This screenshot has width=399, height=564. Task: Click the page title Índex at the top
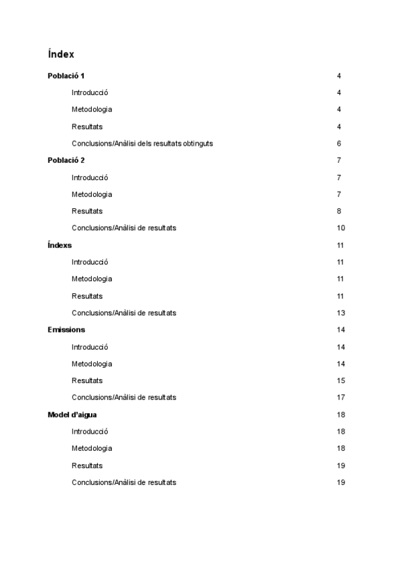[x=61, y=54]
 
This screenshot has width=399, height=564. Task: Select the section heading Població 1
[x=66, y=76]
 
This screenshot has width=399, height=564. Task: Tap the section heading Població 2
[x=66, y=160]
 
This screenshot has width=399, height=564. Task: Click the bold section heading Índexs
[x=60, y=245]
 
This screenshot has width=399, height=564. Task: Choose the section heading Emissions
[x=66, y=330]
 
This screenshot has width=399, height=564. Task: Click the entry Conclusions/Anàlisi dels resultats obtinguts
[x=142, y=144]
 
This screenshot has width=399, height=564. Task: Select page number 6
[x=339, y=144]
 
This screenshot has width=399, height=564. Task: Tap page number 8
[x=339, y=211]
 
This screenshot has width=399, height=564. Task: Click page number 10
[x=341, y=228]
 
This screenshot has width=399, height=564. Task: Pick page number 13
[x=341, y=313]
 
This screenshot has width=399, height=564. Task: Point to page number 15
[x=341, y=380]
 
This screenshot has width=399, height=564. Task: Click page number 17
[x=341, y=398]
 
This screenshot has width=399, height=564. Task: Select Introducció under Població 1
[x=90, y=93]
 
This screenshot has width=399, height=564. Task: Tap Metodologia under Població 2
[x=92, y=194]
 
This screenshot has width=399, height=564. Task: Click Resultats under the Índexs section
[x=87, y=296]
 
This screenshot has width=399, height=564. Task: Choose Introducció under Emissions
[x=90, y=347]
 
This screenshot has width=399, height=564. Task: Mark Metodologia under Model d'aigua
[x=92, y=448]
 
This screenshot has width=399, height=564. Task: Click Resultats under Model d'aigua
[x=87, y=466]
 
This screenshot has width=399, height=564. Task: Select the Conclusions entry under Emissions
[x=124, y=398]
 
